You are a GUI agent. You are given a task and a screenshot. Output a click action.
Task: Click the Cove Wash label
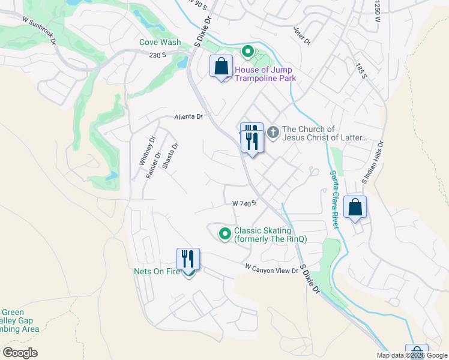160,43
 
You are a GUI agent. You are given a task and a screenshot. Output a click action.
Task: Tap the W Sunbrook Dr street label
39,30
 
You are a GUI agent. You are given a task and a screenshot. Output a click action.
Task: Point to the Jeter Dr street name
302,36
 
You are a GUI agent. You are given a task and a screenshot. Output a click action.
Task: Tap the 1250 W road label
378,11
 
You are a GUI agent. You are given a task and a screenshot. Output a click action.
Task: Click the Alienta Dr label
189,117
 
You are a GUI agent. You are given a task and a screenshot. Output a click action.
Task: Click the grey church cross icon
273,131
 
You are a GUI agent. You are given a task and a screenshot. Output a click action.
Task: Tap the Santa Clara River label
334,198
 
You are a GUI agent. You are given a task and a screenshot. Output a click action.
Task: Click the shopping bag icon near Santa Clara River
355,207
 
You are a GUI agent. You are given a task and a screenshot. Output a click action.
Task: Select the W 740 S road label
244,203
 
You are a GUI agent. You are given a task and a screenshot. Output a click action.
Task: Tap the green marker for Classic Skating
225,233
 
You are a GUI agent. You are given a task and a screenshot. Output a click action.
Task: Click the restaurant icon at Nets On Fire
188,259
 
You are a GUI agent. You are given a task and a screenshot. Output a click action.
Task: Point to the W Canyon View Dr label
271,268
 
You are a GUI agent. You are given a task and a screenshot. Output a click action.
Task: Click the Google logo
20,352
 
